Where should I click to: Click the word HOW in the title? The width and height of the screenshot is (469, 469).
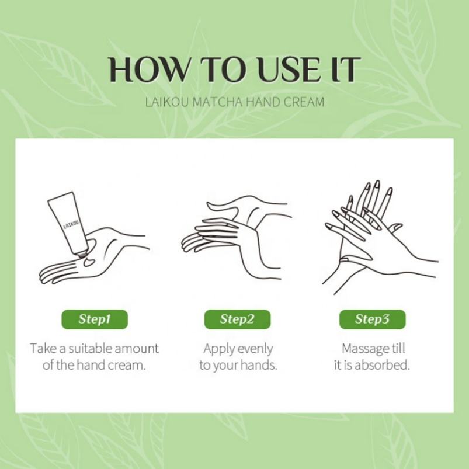[x=148, y=70]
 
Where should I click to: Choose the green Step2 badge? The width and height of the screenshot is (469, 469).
[x=237, y=319]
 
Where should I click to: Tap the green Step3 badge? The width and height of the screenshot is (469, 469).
[x=373, y=319]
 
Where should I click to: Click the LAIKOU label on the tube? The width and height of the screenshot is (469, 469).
[x=71, y=224]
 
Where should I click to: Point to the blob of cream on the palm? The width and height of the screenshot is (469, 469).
[x=89, y=262]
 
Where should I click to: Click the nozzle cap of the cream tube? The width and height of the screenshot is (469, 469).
[x=81, y=253]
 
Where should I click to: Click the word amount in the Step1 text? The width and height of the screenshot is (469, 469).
[x=137, y=349]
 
